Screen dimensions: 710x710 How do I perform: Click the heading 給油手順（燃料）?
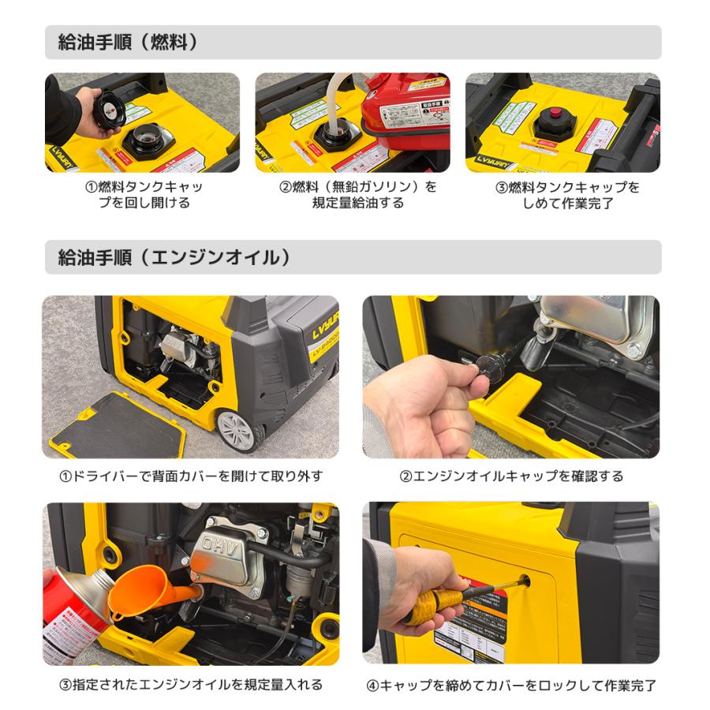pos(128,43)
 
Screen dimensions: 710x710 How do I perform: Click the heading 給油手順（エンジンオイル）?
pos(174,257)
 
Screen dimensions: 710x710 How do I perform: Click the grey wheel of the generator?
pos(238,429)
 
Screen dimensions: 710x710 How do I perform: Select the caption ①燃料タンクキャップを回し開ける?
pos(144,195)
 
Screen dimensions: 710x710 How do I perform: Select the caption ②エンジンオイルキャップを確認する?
pos(511,476)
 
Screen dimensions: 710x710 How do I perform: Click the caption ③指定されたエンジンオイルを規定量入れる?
pos(191,684)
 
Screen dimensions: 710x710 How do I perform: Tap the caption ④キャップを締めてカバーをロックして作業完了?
pos(511,685)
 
